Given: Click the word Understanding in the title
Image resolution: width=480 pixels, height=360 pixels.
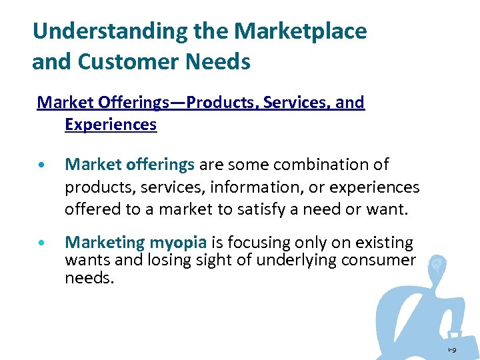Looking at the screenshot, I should click(100, 31).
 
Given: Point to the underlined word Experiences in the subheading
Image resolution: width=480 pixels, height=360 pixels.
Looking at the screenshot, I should click(111, 125).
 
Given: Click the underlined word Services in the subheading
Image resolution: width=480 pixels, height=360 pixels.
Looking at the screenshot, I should click(294, 103).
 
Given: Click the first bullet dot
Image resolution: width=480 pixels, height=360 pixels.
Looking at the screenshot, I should click(43, 165).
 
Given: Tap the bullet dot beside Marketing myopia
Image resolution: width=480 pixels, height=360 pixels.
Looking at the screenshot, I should click(43, 244).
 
